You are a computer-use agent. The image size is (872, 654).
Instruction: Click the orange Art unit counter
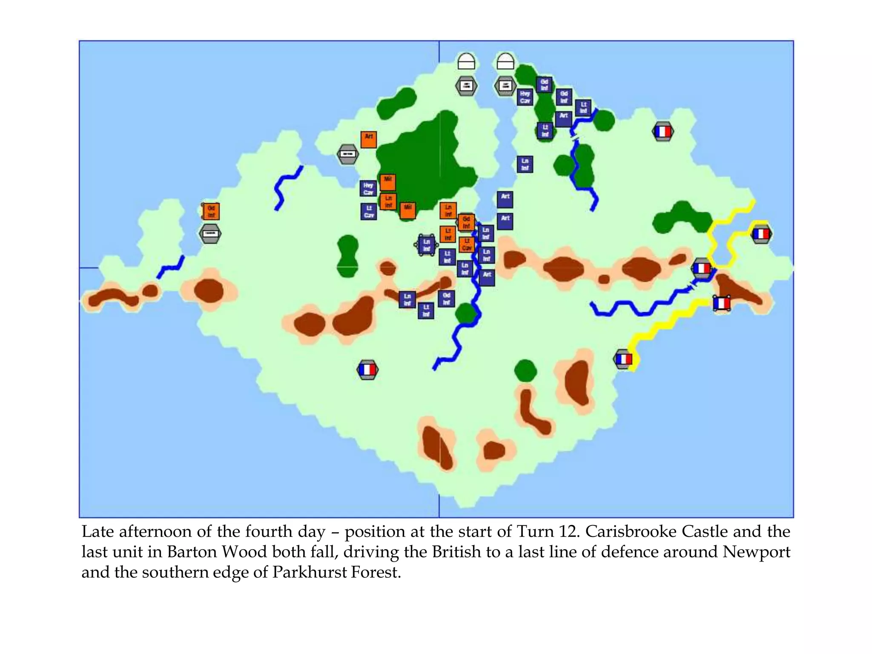[369, 139]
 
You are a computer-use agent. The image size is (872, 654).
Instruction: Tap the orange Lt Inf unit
[447, 234]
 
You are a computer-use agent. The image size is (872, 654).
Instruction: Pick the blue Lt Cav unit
[369, 212]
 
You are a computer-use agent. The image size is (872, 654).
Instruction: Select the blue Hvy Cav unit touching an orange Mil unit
[368, 188]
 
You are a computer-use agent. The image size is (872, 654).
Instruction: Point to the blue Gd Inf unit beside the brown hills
[446, 298]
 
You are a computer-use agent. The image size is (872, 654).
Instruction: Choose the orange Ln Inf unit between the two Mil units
[388, 201]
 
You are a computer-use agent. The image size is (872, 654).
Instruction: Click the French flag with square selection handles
[721, 303]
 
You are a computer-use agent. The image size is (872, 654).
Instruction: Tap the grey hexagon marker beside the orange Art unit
[348, 154]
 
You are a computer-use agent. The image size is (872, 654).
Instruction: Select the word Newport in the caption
[756, 552]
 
